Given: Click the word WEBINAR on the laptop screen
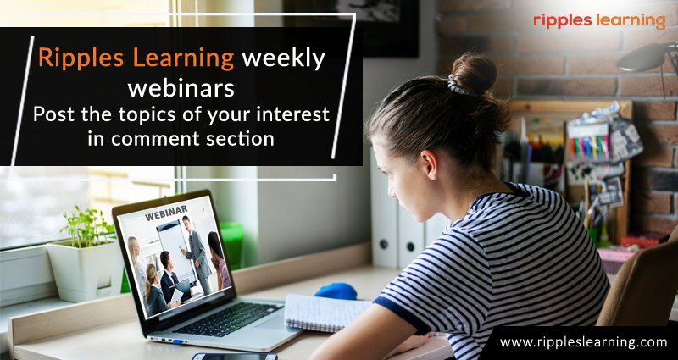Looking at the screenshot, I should point(165,216).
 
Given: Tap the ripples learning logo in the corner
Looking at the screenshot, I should point(599,19).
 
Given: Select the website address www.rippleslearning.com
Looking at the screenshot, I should point(583,342).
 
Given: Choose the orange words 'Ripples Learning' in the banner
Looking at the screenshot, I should point(136,59).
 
